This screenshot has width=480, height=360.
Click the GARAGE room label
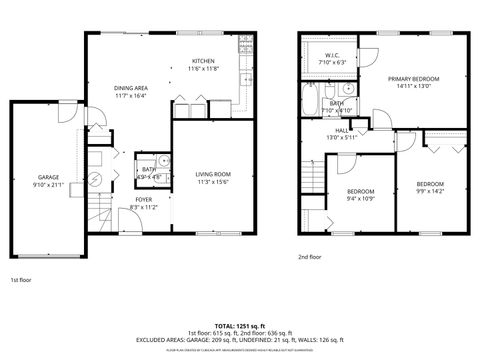[49, 176]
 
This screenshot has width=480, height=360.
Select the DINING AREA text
[131, 88]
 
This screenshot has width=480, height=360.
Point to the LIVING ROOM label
[212, 175]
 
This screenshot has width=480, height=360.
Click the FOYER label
[144, 199]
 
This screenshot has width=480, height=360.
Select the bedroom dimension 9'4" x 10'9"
[360, 198]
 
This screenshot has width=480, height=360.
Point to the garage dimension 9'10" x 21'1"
[49, 184]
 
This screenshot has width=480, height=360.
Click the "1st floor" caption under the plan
[21, 280]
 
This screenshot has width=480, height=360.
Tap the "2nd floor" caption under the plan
[310, 256]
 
